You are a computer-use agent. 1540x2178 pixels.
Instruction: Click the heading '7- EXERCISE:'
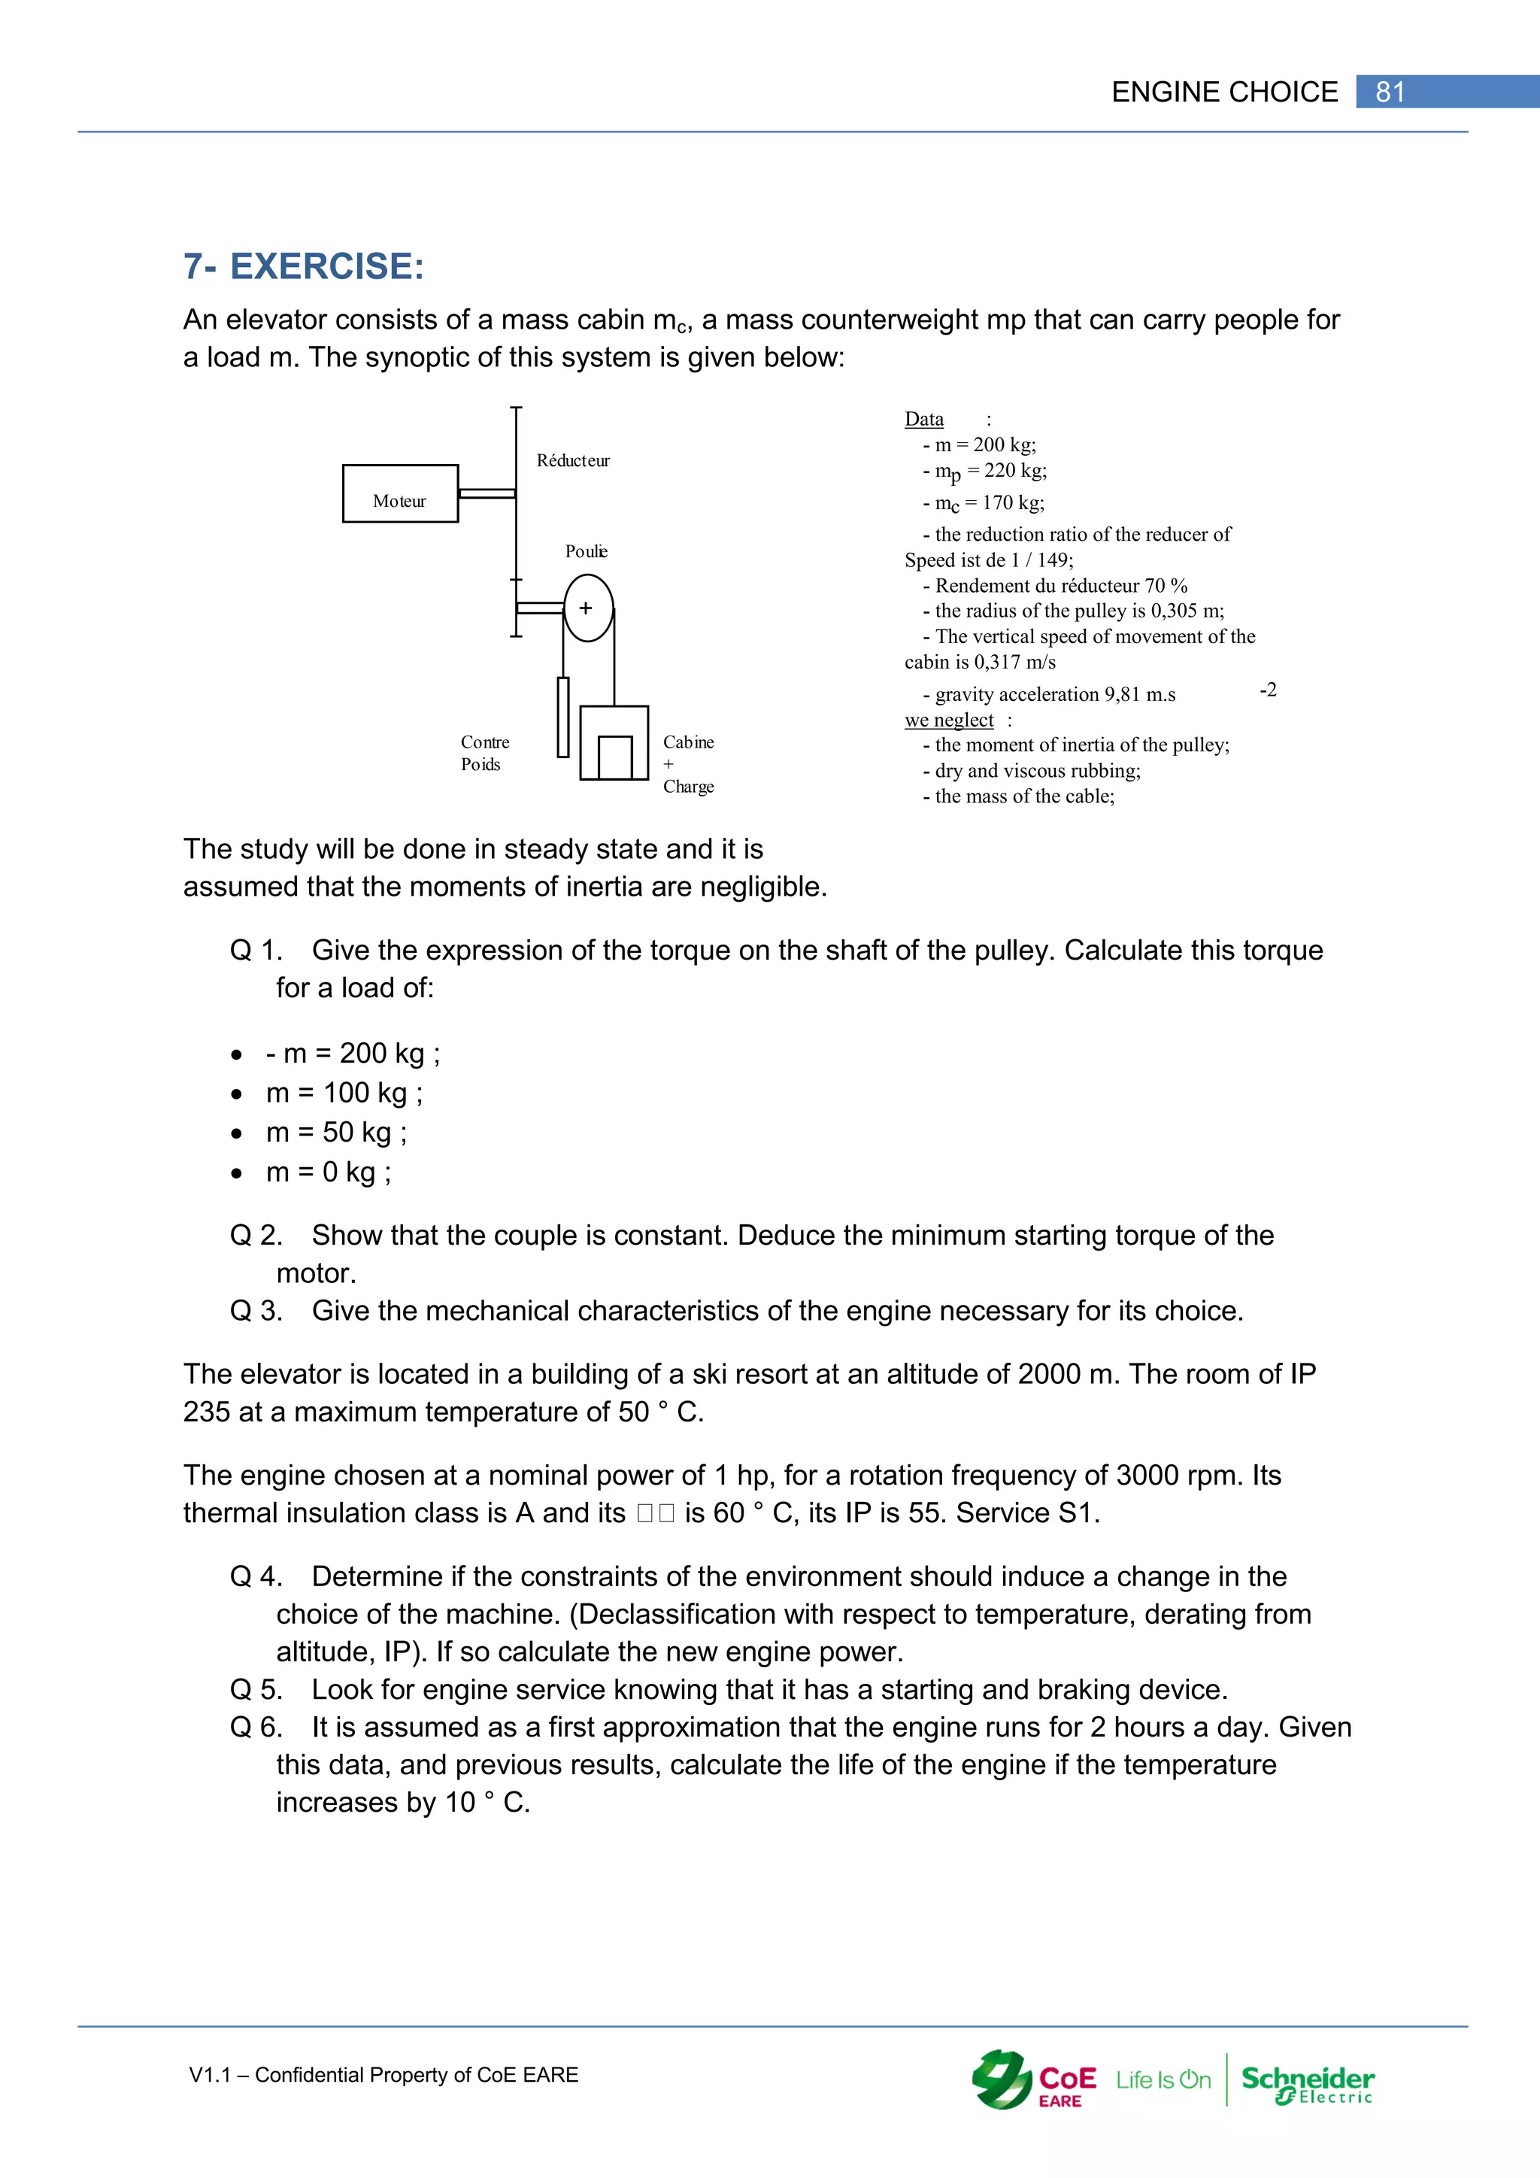click(304, 266)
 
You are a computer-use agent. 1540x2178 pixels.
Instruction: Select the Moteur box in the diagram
click(399, 493)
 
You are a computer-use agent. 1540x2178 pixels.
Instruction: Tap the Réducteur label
click(573, 461)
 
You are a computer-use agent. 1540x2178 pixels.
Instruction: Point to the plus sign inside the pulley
click(586, 608)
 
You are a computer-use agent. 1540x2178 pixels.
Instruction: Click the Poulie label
click(586, 552)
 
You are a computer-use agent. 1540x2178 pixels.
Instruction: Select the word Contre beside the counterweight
click(484, 742)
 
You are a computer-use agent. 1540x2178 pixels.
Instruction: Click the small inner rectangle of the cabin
click(615, 757)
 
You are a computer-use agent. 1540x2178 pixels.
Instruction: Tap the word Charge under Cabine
click(689, 787)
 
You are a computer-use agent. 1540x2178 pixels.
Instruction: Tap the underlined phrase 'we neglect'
click(948, 720)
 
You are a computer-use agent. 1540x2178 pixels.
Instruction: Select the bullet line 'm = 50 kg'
click(337, 1133)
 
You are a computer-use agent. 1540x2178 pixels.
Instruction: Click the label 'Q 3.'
click(256, 1311)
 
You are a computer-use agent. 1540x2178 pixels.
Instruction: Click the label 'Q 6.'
click(256, 1728)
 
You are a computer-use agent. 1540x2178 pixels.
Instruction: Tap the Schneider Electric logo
click(1307, 2080)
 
